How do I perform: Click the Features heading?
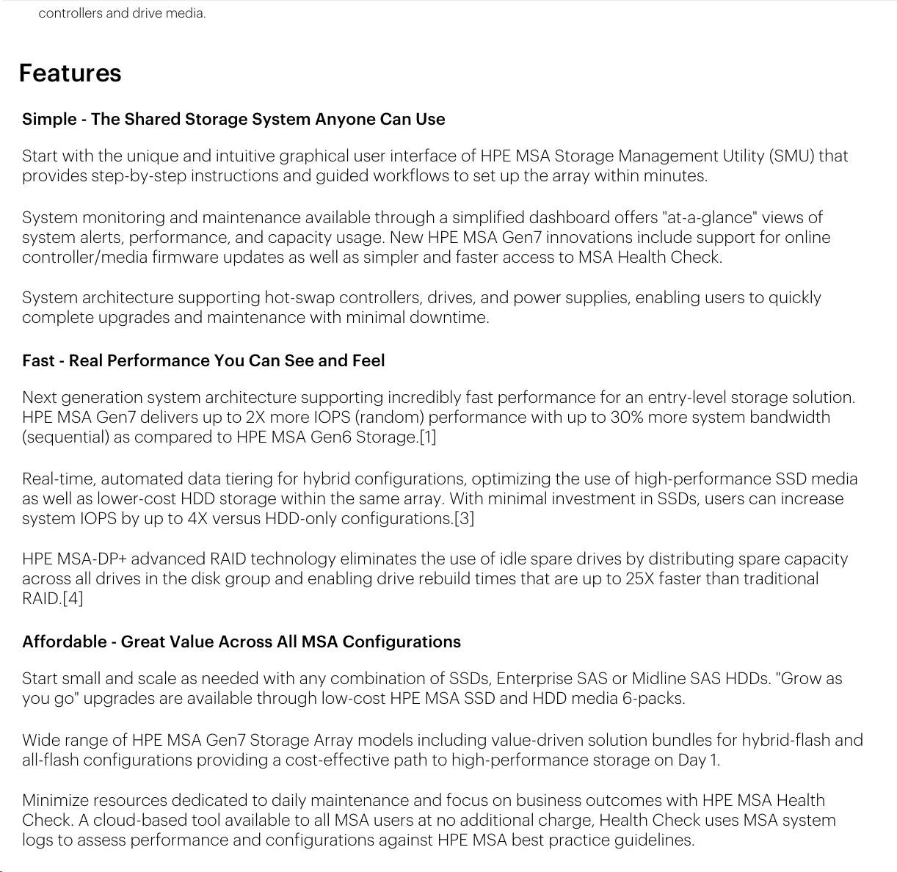tap(70, 73)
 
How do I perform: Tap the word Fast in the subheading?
tap(38, 361)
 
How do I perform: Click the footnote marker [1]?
tap(427, 437)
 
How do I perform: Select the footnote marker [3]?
tap(464, 519)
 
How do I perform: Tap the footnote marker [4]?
tap(73, 599)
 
